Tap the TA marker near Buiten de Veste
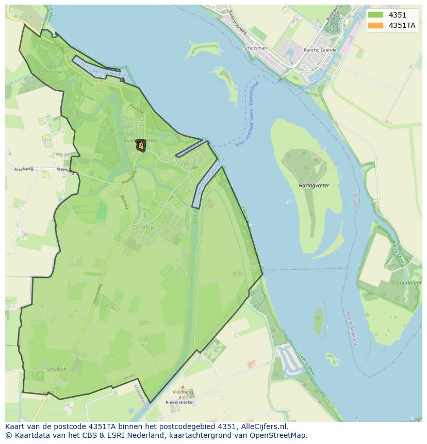click(141, 146)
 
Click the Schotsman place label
click(255, 48)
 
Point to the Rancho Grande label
click(320, 50)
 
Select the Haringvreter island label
click(314, 185)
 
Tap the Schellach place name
click(56, 369)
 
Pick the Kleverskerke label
click(179, 402)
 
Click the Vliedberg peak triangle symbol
click(182, 386)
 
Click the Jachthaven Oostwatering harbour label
click(102, 70)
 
